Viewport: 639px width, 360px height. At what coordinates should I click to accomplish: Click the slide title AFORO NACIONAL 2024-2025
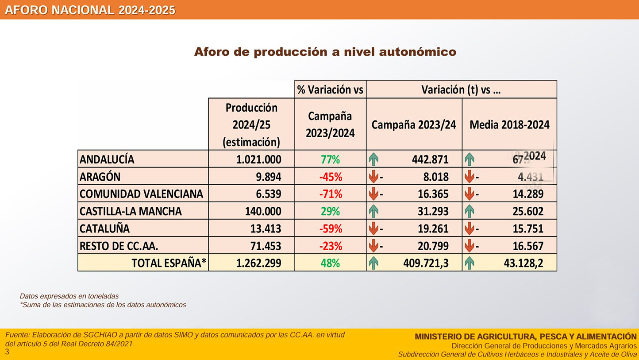(90, 10)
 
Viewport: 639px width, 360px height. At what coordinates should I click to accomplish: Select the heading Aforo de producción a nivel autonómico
(325, 52)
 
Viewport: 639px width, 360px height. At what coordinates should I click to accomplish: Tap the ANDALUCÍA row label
(107, 159)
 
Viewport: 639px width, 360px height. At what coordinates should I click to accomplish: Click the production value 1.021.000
(259, 159)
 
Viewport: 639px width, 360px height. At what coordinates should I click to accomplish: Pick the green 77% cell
(330, 159)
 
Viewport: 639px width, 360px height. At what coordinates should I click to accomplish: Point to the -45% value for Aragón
(330, 177)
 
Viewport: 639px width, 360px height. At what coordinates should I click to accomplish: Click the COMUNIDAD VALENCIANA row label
(141, 194)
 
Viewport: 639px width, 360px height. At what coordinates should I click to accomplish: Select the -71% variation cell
(330, 194)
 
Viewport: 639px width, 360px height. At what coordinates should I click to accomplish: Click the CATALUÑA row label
(104, 228)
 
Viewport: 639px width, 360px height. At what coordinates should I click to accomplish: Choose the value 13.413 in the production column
(266, 228)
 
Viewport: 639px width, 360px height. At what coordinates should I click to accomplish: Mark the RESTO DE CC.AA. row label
(119, 246)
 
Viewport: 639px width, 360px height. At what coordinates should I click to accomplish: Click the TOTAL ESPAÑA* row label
(169, 263)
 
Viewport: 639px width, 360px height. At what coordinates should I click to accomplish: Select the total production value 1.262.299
(259, 263)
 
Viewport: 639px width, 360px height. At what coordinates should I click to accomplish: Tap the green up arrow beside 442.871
(373, 159)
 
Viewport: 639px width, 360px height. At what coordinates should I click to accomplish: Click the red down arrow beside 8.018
(373, 177)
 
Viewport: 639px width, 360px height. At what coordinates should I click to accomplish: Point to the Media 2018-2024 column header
(509, 124)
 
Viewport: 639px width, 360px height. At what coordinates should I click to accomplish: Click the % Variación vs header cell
(330, 89)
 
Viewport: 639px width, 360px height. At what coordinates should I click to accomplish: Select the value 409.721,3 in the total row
(426, 263)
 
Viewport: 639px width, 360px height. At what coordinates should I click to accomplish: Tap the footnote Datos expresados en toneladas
(69, 296)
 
